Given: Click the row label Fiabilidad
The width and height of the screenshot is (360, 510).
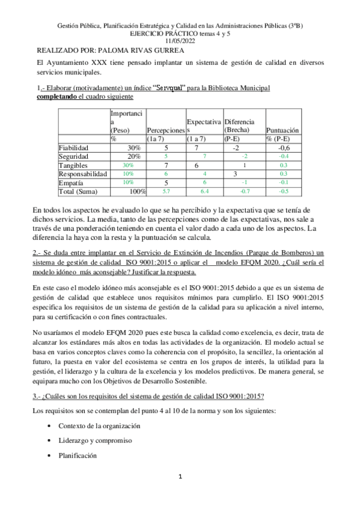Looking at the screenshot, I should coord(73,147).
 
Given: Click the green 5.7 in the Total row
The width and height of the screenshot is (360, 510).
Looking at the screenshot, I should coord(165,191).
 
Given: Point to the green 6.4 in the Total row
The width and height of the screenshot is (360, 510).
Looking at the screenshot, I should coord(204,191).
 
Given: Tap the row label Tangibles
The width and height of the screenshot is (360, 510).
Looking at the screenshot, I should coord(71,165).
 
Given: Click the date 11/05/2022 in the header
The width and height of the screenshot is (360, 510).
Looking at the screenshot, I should coord(180,41).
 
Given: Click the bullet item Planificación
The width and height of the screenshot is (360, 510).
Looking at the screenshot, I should coord(78,456).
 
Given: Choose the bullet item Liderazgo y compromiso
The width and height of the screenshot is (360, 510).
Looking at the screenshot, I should coord(90,441).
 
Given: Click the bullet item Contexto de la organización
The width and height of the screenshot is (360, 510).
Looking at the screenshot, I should coord(99,425).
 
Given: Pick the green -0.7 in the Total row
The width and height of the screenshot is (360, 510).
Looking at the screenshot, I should coord(245,191).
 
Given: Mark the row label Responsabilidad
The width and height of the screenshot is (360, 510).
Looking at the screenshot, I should coord(82,174).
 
